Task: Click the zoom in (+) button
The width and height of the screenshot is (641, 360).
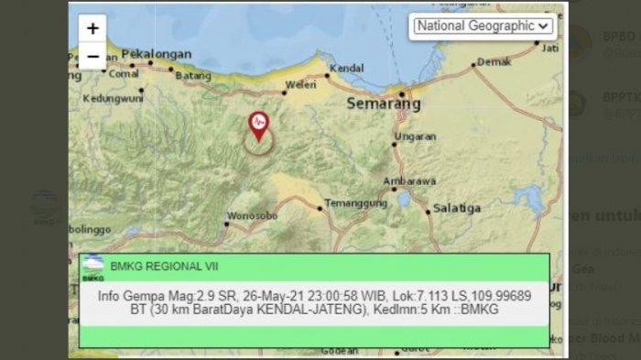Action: (92, 28)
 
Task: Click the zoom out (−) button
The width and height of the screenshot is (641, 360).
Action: (92, 56)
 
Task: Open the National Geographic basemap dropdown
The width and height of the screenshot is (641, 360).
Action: (483, 26)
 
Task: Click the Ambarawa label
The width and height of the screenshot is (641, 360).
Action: (409, 180)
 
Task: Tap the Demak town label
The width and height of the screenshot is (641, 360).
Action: (494, 62)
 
